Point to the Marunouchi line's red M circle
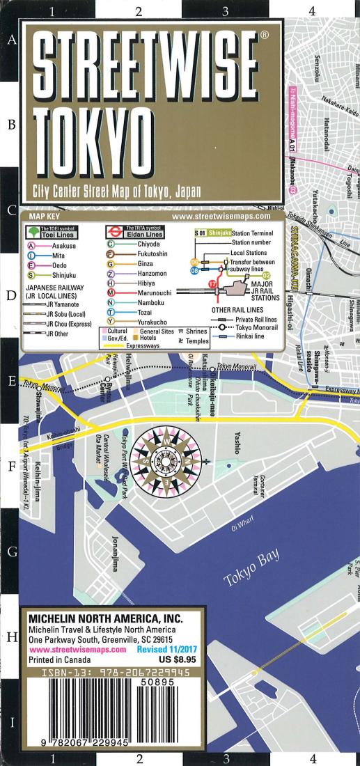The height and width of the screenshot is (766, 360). pyautogui.click(x=111, y=293)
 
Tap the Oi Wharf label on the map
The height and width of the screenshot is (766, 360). pyautogui.click(x=244, y=526)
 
